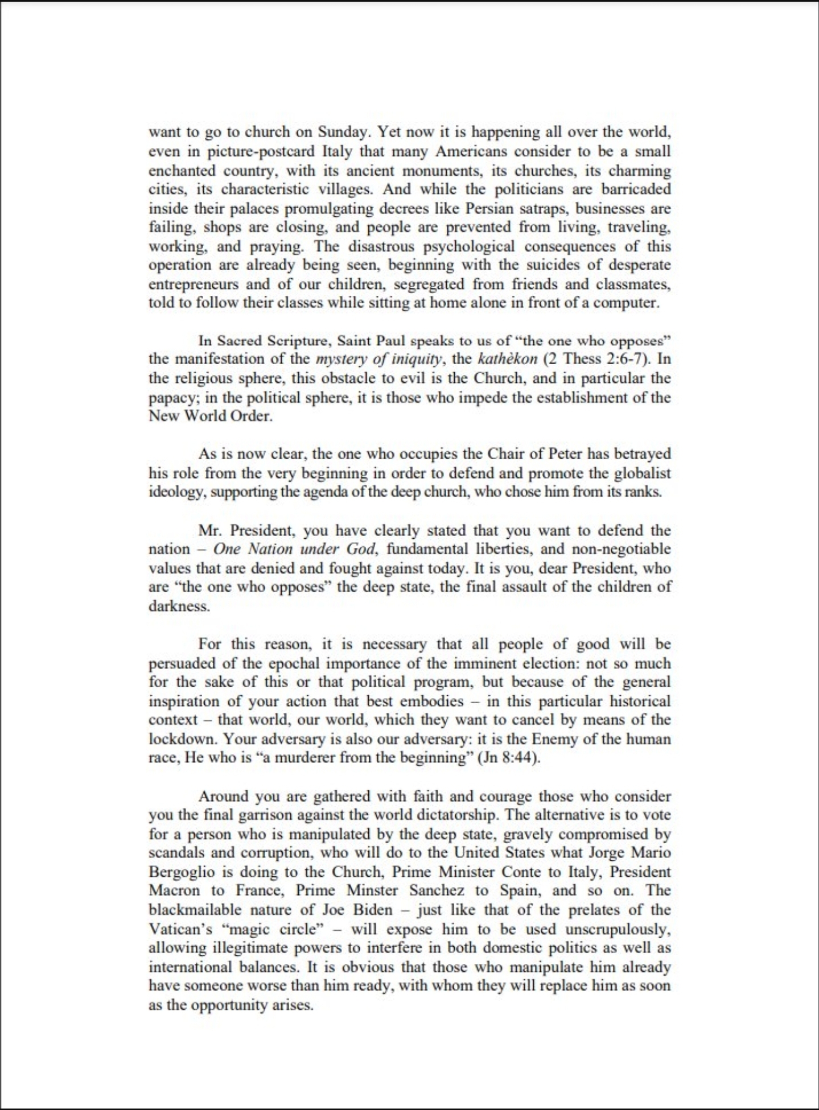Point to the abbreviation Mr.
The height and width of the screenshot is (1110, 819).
(x=211, y=530)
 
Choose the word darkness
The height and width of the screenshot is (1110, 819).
(x=179, y=606)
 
